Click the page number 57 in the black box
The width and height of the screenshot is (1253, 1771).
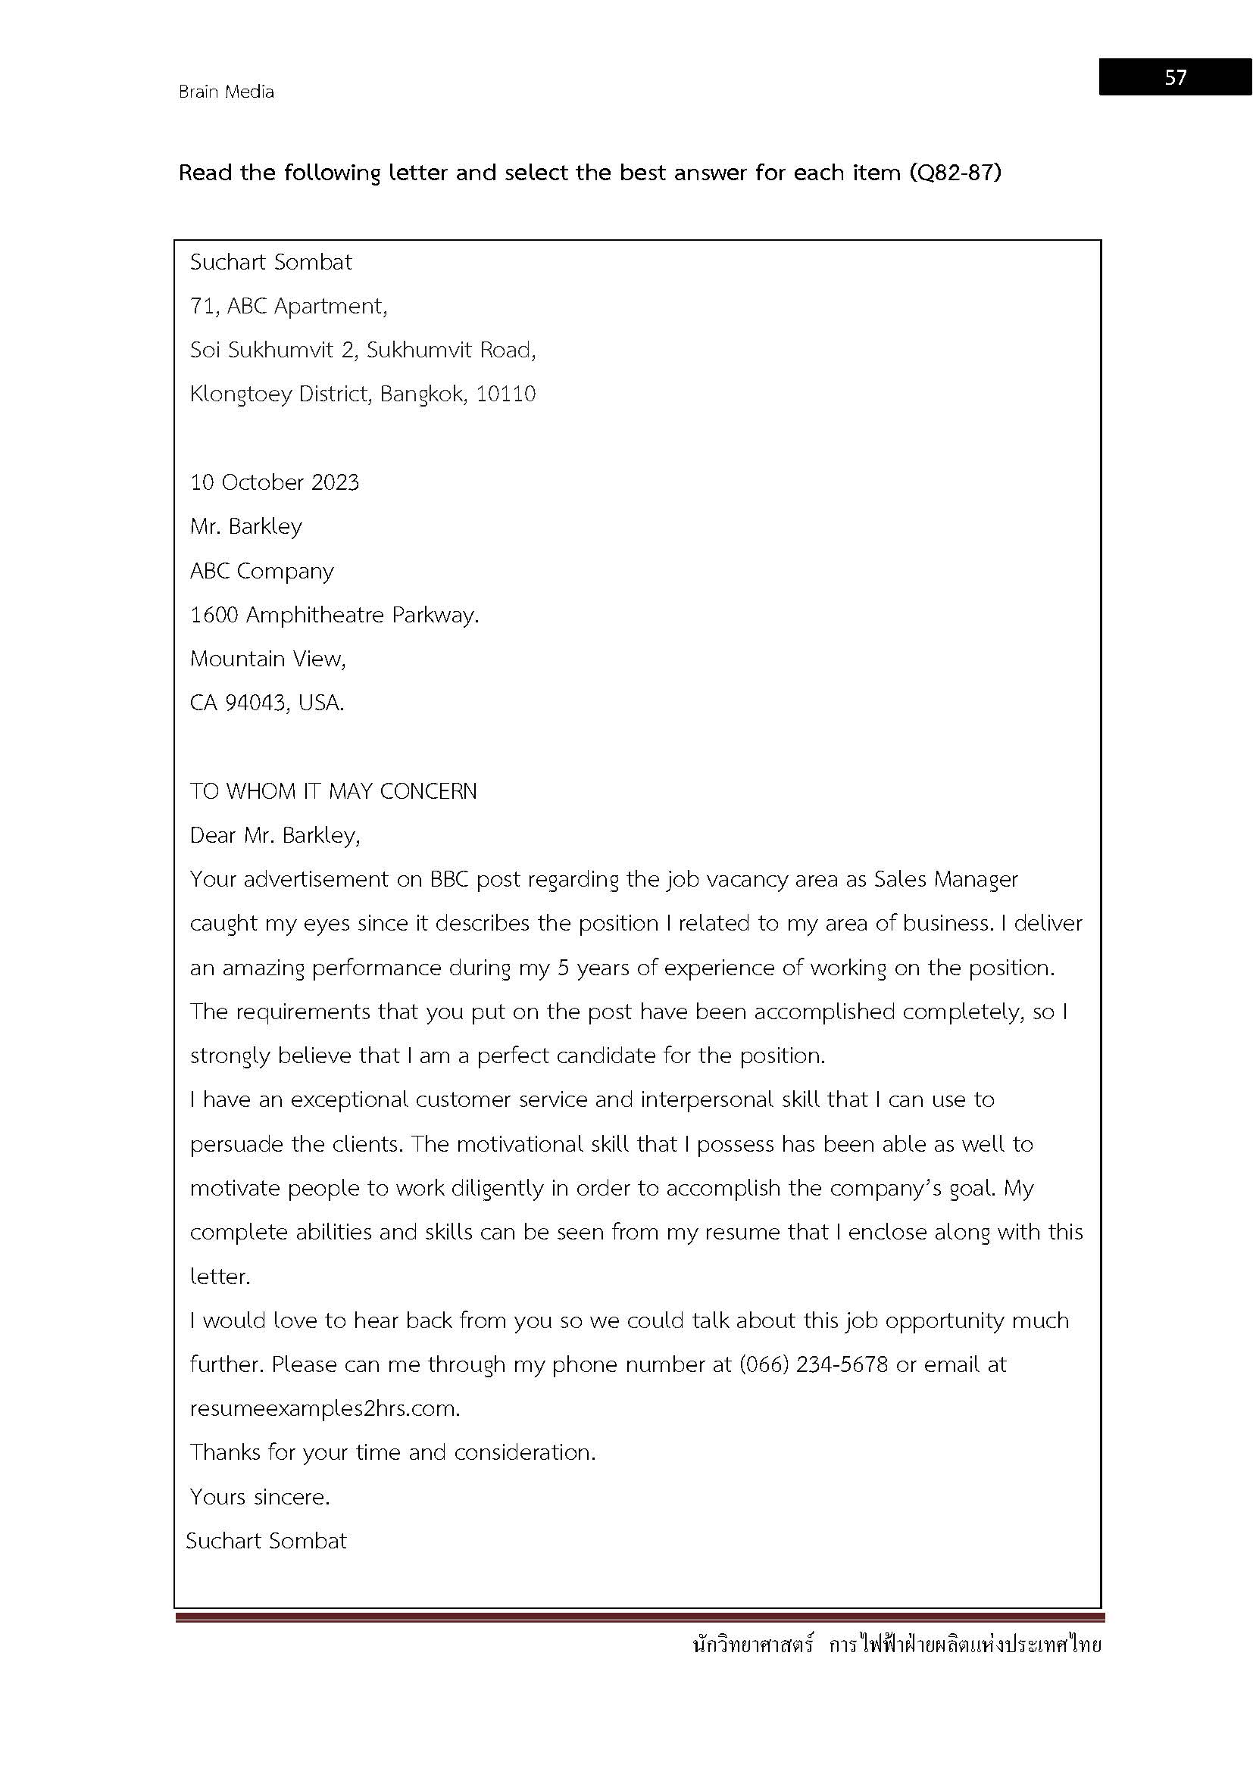click(x=1175, y=77)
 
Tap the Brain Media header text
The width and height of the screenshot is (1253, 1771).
click(x=226, y=92)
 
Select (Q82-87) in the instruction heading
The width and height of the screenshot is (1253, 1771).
click(x=955, y=172)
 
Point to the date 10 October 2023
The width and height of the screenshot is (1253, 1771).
click(x=275, y=483)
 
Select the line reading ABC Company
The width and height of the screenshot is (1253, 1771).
click(x=261, y=572)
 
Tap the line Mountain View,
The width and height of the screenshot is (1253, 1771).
click(x=267, y=659)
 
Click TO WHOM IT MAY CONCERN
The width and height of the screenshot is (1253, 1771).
click(x=333, y=791)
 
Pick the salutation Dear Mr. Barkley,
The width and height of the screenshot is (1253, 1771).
click(x=275, y=835)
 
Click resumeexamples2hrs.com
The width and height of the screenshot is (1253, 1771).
click(x=325, y=1409)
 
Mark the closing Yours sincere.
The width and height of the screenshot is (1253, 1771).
click(x=259, y=1497)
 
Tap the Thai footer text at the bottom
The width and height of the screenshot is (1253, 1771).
click(x=897, y=1645)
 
